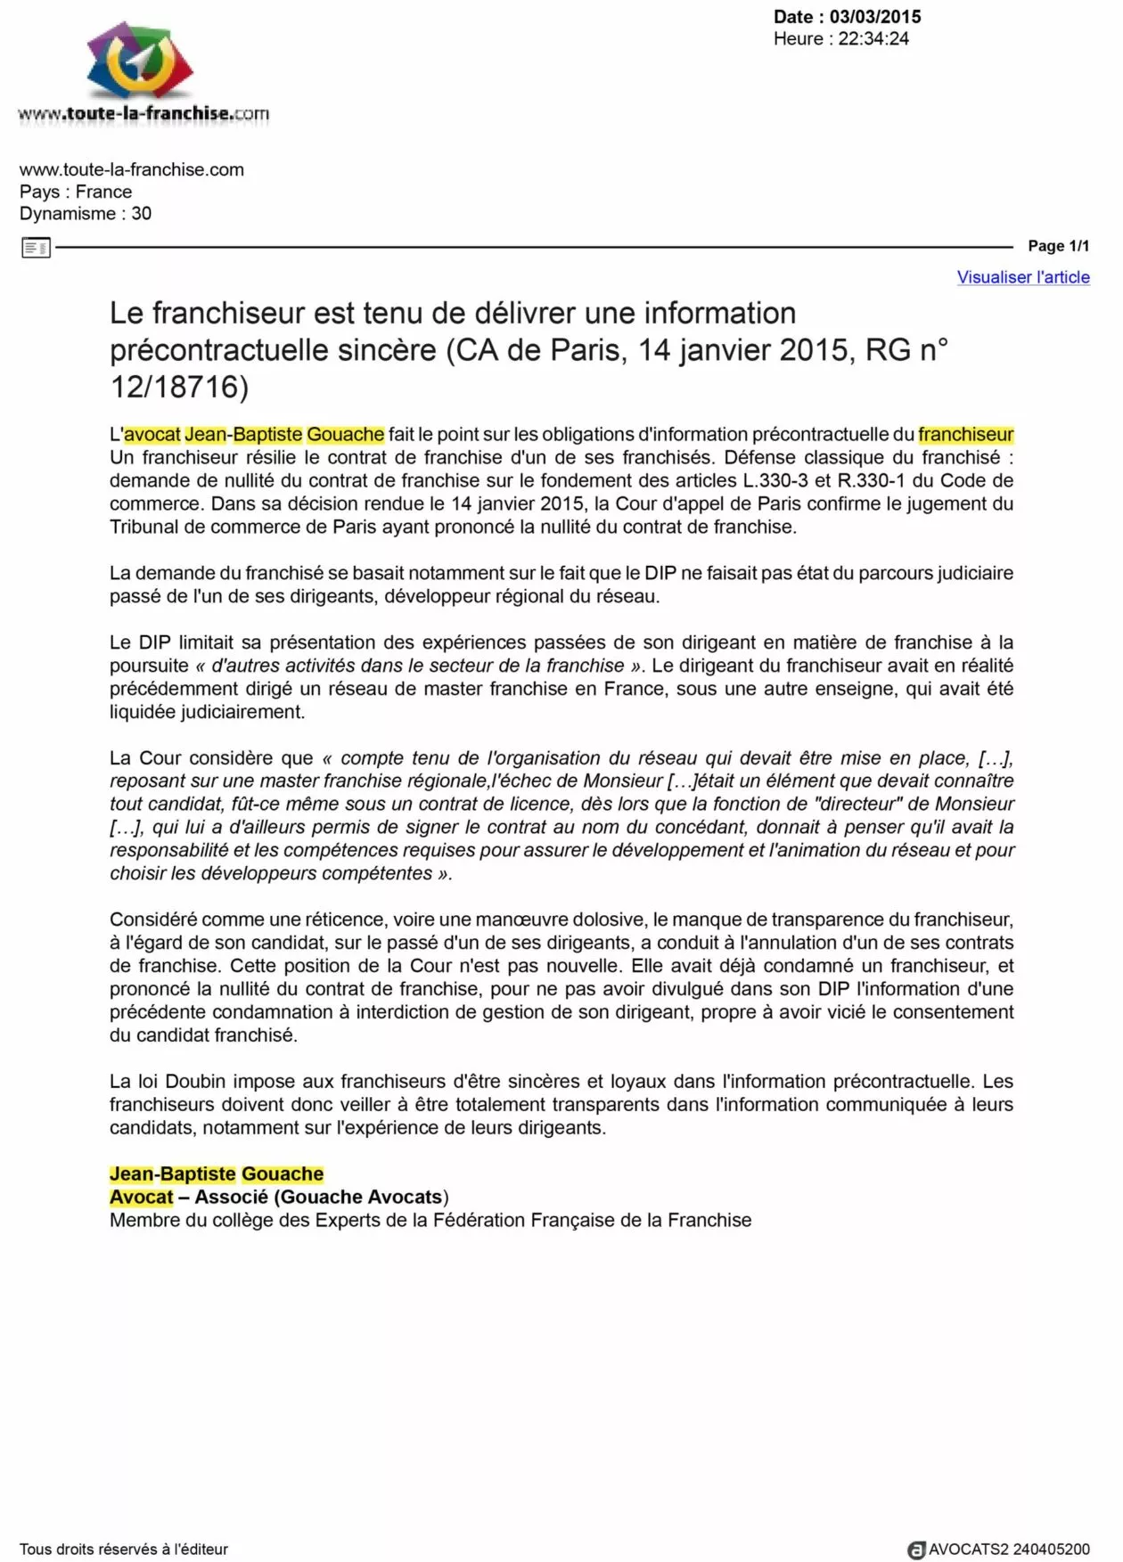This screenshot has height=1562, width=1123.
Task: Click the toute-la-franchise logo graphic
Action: pyautogui.click(x=141, y=62)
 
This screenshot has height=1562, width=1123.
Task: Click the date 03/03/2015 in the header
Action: pyautogui.click(x=875, y=17)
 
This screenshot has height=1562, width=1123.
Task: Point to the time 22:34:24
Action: pyautogui.click(x=873, y=39)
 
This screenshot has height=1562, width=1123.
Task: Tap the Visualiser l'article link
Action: pyautogui.click(x=1023, y=277)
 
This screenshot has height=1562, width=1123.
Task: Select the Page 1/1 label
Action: pyautogui.click(x=1058, y=246)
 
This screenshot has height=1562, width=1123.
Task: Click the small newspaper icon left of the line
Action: pyautogui.click(x=36, y=248)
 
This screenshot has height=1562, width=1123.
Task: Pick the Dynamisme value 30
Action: pyautogui.click(x=141, y=214)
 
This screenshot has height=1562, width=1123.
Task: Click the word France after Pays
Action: pyautogui.click(x=103, y=192)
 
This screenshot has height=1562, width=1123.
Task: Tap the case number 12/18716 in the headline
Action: pyautogui.click(x=179, y=387)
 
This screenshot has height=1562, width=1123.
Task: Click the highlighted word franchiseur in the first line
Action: pyautogui.click(x=966, y=435)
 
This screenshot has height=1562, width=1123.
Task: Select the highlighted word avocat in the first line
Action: pyautogui.click(x=152, y=435)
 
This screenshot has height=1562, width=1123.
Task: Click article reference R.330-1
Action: pyautogui.click(x=871, y=480)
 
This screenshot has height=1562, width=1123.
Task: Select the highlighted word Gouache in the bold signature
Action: pyautogui.click(x=283, y=1174)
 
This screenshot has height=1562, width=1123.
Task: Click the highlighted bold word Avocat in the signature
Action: pyautogui.click(x=142, y=1198)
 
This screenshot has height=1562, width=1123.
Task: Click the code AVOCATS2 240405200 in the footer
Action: pyautogui.click(x=1009, y=1550)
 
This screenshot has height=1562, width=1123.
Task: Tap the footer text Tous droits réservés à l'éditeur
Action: pyautogui.click(x=124, y=1550)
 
